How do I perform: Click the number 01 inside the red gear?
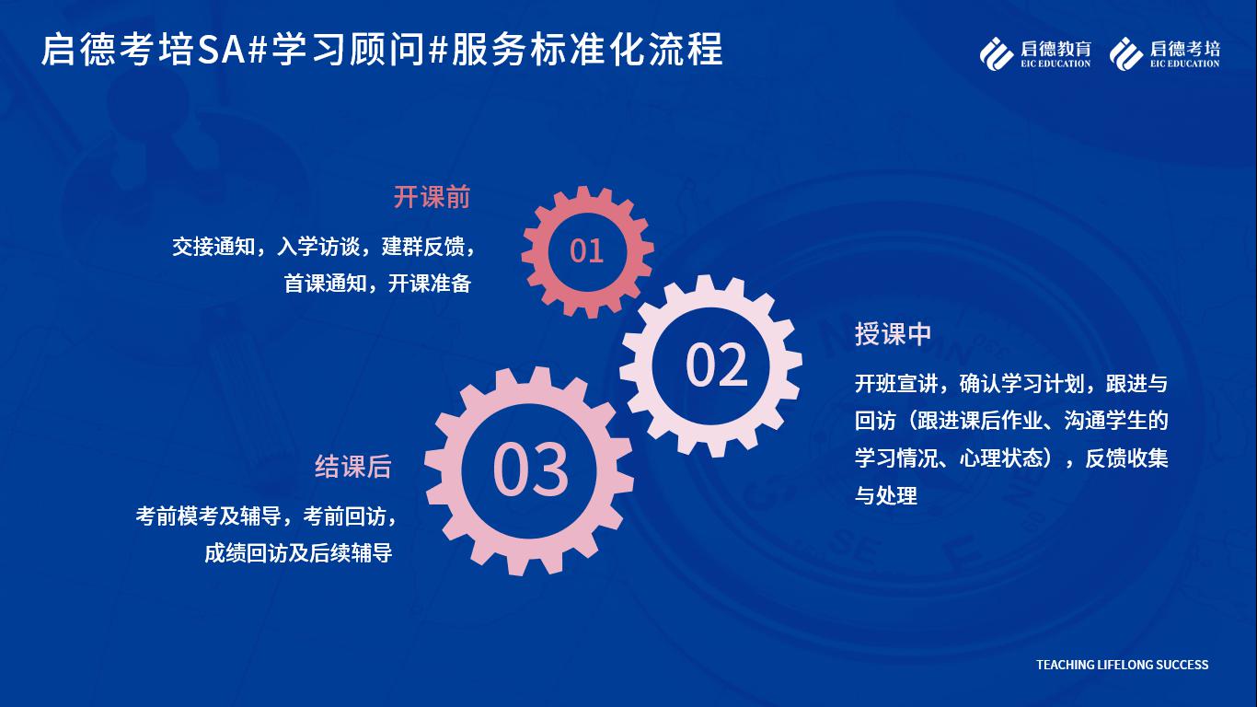point(586,250)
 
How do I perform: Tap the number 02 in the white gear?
point(717,365)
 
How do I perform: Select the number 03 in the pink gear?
point(530,469)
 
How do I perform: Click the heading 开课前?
point(432,197)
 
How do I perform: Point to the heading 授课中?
point(893,333)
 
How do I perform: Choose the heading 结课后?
point(353,467)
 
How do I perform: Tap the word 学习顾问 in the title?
point(348,50)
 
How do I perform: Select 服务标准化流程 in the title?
point(587,50)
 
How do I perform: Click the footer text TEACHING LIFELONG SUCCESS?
point(1123,665)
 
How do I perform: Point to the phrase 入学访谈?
point(318,247)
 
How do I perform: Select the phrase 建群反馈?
point(423,247)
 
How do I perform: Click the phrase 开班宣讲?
point(896,384)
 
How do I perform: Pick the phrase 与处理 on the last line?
point(886,496)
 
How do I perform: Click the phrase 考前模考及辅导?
point(208,516)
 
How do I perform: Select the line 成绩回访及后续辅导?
point(298,553)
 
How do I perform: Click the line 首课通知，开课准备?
point(377,284)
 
